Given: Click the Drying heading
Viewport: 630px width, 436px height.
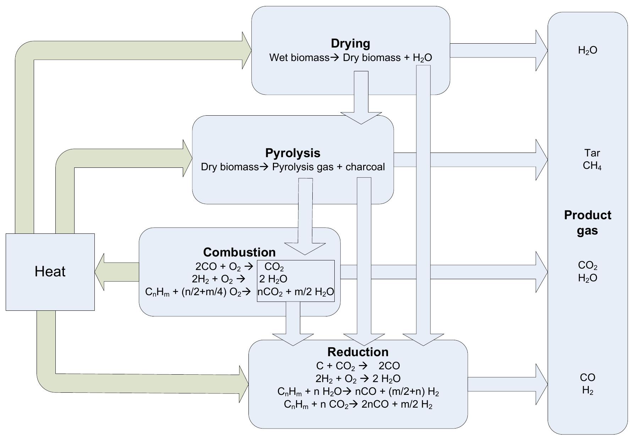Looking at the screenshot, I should (350, 43).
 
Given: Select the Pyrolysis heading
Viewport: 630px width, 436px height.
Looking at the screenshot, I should (292, 153).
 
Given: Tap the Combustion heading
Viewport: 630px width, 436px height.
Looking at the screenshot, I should (239, 252).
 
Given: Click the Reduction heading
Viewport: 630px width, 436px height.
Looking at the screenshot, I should (358, 352).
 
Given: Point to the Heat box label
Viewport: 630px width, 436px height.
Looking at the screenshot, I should (50, 272).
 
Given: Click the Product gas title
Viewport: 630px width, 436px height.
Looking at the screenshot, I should (587, 223).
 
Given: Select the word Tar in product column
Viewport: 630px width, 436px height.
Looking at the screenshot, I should (592, 153).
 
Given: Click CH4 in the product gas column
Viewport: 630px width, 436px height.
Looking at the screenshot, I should (592, 166).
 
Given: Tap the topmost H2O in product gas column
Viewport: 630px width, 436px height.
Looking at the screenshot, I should (587, 50).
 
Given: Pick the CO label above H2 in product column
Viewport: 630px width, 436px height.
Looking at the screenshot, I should (587, 377).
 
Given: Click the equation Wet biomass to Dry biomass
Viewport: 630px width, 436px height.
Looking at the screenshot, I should (350, 58).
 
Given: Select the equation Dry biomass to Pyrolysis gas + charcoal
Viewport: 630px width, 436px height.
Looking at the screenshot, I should (292, 167).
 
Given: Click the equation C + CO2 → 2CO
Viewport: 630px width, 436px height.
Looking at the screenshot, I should (358, 366).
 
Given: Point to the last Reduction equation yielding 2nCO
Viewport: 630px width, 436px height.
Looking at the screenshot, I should (358, 404).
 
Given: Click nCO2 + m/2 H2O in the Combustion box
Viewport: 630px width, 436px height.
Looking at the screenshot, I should (295, 292).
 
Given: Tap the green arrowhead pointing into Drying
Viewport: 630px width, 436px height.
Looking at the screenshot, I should (246, 50).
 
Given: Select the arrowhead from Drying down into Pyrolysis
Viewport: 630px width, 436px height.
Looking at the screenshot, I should (361, 118).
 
